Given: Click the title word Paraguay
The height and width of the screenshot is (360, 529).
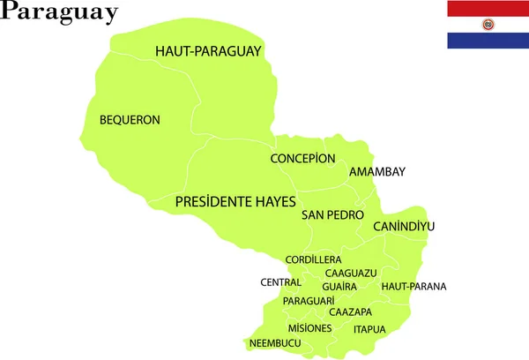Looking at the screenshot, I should point(60,12).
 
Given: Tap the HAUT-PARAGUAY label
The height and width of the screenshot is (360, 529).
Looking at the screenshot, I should point(208,51).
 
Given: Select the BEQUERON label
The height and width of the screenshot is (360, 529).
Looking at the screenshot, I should point(130,119).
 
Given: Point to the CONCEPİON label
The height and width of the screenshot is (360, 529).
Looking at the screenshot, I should point(302,159).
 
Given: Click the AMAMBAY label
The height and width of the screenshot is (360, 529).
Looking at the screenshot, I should point(377,172).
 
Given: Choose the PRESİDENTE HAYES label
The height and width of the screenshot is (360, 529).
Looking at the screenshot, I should point(235,201).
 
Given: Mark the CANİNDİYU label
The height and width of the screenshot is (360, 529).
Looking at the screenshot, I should point(404,227).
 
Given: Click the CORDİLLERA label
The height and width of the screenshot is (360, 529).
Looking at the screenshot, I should point(313,259).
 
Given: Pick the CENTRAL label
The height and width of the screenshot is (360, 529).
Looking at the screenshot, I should point(280,282).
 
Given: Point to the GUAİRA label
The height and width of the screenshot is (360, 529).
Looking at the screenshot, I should point(339,287).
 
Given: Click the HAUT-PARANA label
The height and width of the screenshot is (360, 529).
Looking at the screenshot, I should point(414,286).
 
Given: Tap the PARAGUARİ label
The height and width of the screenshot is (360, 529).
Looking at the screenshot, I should point(309,301).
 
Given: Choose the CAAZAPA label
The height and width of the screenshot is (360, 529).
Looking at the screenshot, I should point(350,312).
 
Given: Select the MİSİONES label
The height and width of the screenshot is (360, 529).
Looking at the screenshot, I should point(309,328).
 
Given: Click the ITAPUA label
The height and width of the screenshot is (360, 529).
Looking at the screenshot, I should point(369,329).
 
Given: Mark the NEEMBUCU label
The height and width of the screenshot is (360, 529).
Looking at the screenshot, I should point(275,343).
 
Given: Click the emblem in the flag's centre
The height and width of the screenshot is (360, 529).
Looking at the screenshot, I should point(488,24).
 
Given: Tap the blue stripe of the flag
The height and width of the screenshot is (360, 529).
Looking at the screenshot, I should point(488,40).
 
